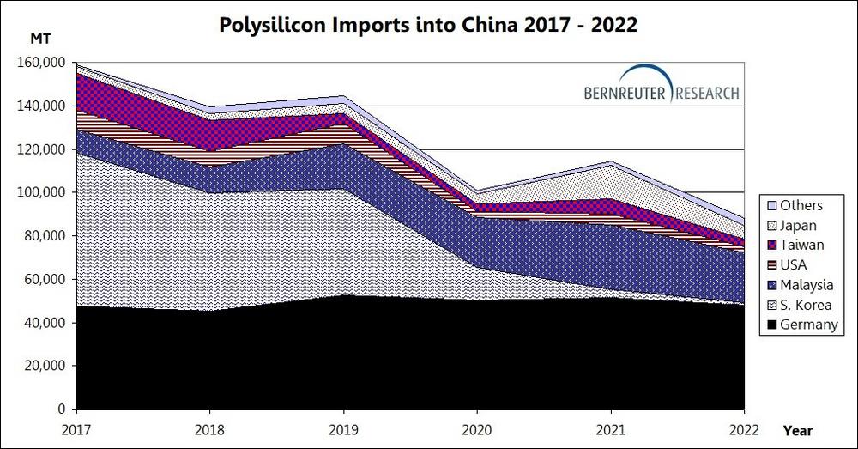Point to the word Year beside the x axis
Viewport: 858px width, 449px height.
[797, 429]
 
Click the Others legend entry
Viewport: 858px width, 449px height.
[801, 206]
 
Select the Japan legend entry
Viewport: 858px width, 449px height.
[800, 226]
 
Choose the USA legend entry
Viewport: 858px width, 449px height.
[795, 265]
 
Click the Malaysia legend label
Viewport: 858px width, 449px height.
[807, 285]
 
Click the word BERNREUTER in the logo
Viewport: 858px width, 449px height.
[628, 93]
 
